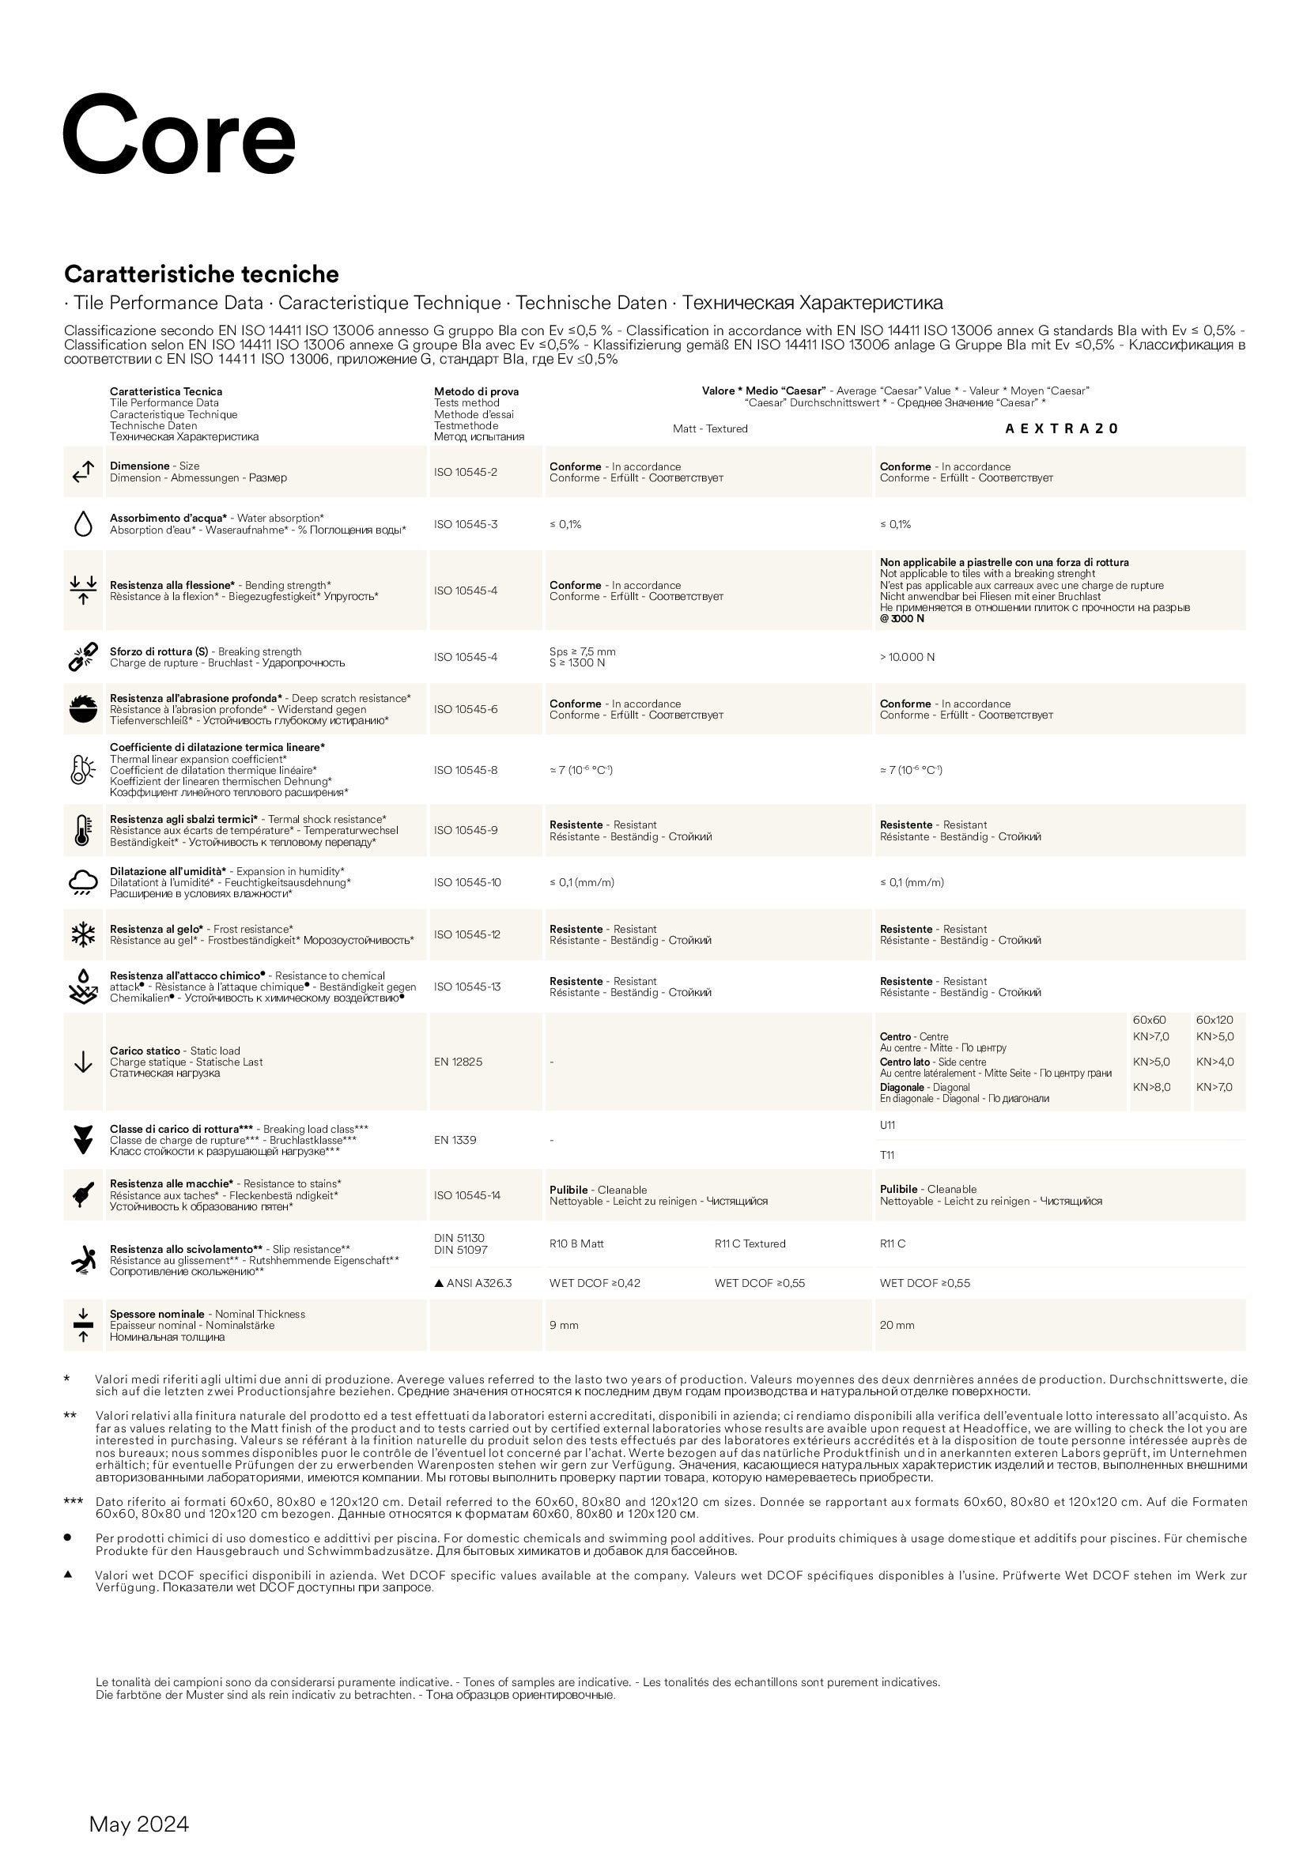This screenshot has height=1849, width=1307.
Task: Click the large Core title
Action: [179, 134]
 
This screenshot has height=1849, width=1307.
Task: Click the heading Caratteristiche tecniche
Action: [202, 274]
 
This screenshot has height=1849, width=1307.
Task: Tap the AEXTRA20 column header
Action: [1061, 429]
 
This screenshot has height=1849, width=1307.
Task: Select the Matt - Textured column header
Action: [709, 429]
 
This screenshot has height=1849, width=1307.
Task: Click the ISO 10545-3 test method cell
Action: [466, 525]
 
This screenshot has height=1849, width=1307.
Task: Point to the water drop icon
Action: [82, 525]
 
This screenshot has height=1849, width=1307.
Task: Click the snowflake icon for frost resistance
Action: [82, 935]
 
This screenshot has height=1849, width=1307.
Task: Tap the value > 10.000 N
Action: [907, 658]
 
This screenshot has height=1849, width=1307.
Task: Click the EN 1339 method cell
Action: [454, 1141]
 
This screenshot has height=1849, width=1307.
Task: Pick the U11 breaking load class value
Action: [886, 1126]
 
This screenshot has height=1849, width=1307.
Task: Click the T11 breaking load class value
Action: [886, 1156]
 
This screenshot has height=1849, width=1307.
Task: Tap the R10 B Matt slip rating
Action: [576, 1244]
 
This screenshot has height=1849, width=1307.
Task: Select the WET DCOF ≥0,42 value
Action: [595, 1284]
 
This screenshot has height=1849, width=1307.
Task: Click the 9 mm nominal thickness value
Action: [564, 1326]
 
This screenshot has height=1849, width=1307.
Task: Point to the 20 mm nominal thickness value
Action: [897, 1326]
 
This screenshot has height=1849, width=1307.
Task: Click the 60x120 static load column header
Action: [1214, 1021]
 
